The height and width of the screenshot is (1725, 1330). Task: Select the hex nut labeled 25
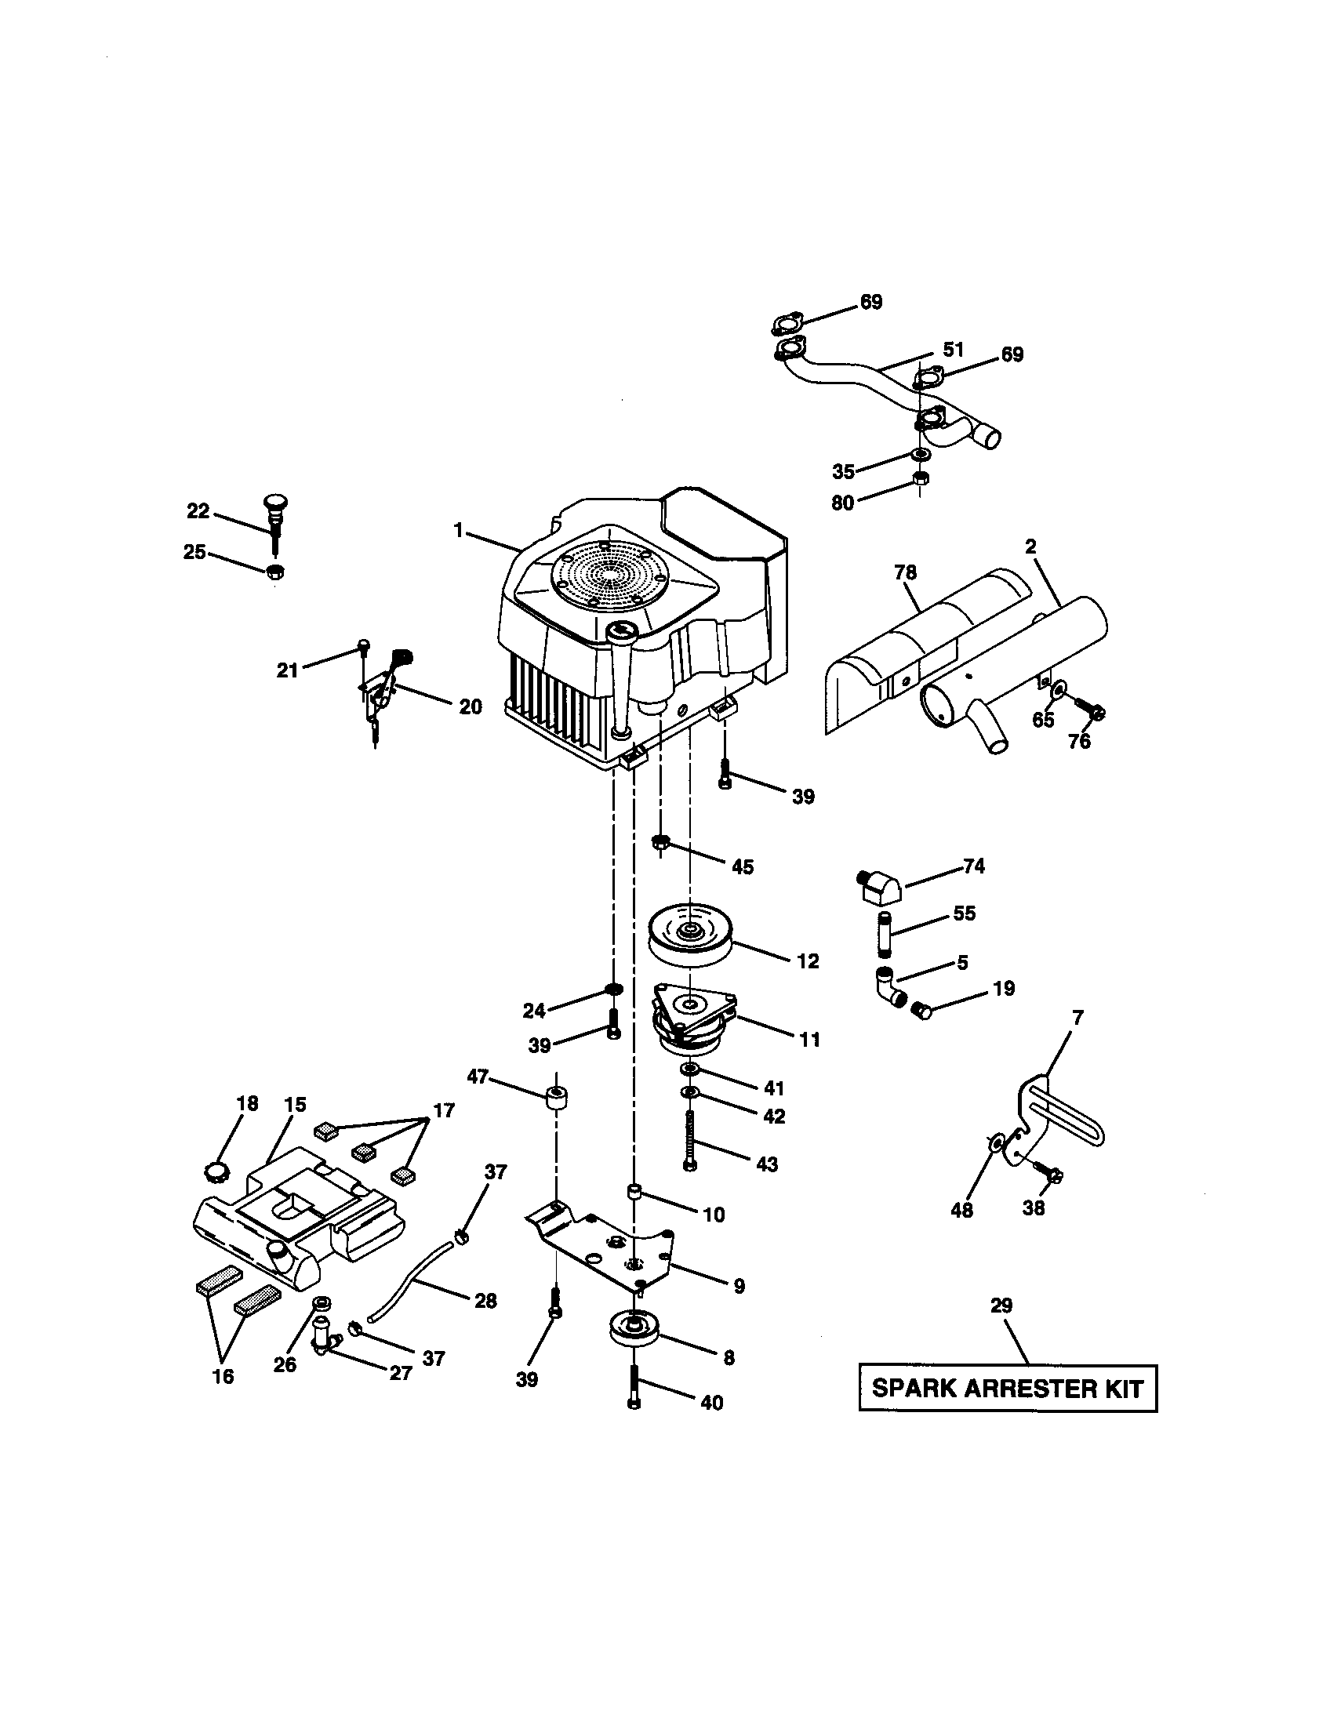(x=274, y=572)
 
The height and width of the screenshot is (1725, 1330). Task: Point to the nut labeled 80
(x=918, y=478)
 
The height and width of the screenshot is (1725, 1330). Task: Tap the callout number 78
(x=905, y=572)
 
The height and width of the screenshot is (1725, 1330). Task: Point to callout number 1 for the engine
(x=458, y=531)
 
